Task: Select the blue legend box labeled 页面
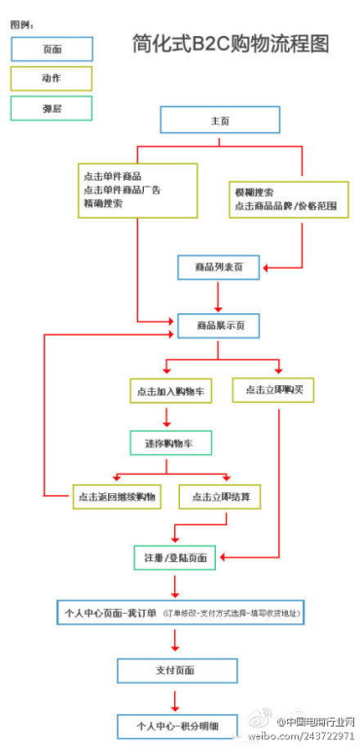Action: [52, 48]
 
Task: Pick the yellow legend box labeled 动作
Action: [52, 78]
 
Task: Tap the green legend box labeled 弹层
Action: [52, 108]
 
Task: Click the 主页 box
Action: [220, 120]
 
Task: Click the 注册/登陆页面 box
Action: [176, 557]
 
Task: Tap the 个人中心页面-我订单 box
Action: [181, 613]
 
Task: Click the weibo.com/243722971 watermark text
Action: [303, 736]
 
